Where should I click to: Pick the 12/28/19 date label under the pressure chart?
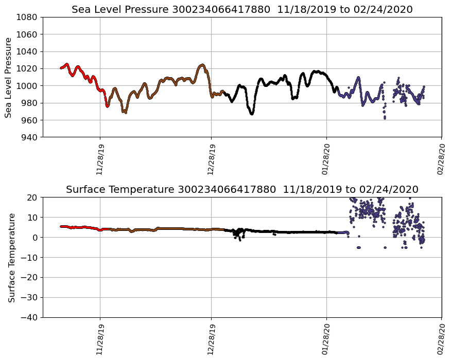[x=212, y=159]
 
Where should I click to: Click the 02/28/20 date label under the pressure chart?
[x=441, y=159]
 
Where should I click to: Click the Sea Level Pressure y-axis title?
[x=9, y=77]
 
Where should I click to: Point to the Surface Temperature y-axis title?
[x=11, y=258]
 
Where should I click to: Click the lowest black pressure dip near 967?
[x=252, y=114]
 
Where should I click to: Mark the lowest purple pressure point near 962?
[x=385, y=118]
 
